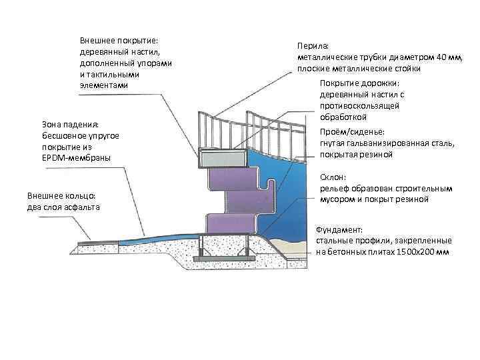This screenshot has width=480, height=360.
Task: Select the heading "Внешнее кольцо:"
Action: click(61, 197)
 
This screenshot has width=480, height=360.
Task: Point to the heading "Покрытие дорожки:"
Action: click(359, 83)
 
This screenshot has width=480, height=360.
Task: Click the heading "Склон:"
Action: click(333, 177)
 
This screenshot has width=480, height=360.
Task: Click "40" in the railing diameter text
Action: click(422, 57)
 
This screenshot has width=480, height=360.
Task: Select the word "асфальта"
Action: click(79, 207)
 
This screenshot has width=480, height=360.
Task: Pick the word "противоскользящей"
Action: click(359, 105)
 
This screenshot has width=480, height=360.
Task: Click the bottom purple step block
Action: click(233, 223)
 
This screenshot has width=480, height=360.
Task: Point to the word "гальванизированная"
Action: click(383, 143)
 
